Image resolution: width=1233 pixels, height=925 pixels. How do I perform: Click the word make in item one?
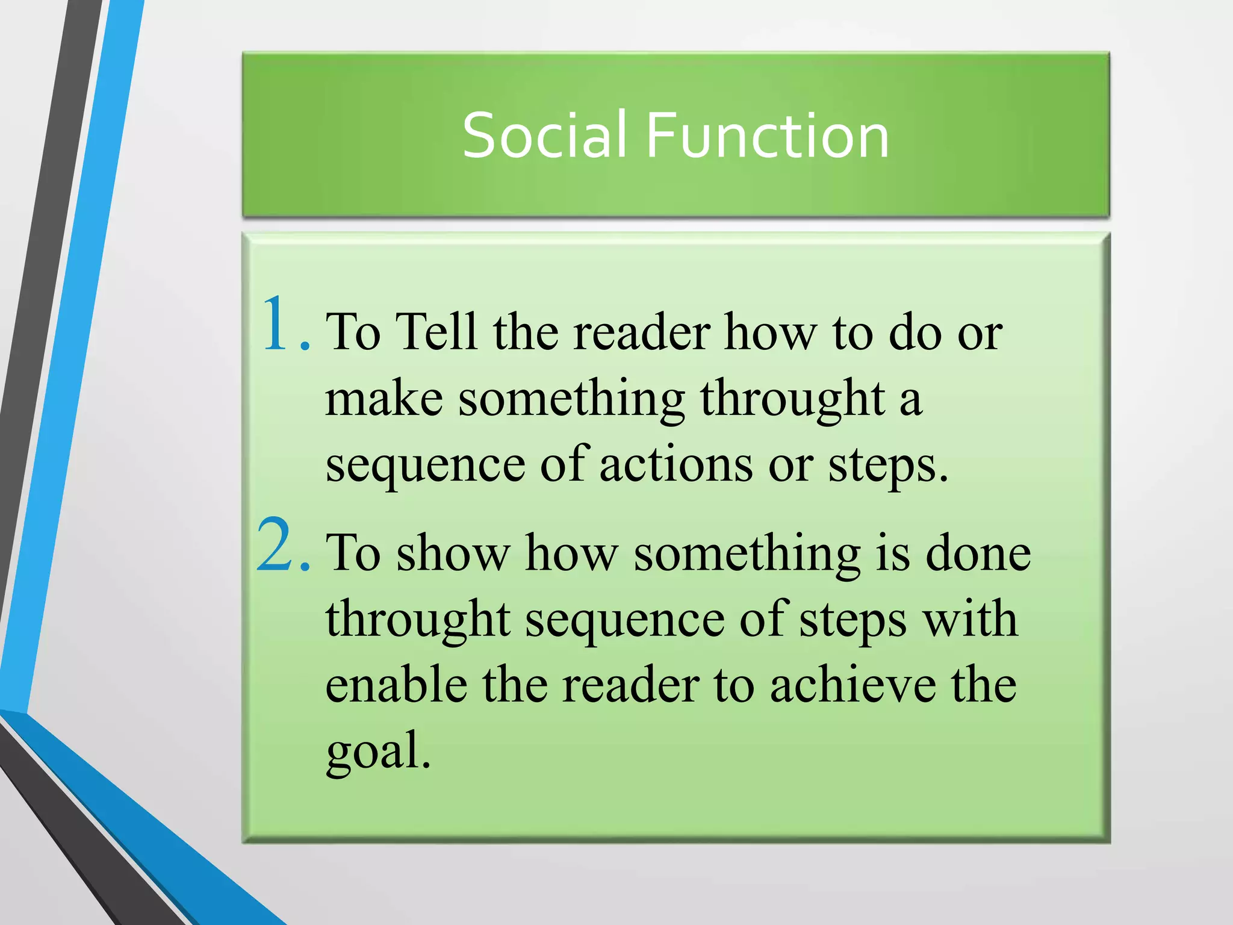(384, 399)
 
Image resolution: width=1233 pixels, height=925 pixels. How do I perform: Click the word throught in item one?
(792, 400)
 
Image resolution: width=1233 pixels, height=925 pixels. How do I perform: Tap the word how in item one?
(771, 332)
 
